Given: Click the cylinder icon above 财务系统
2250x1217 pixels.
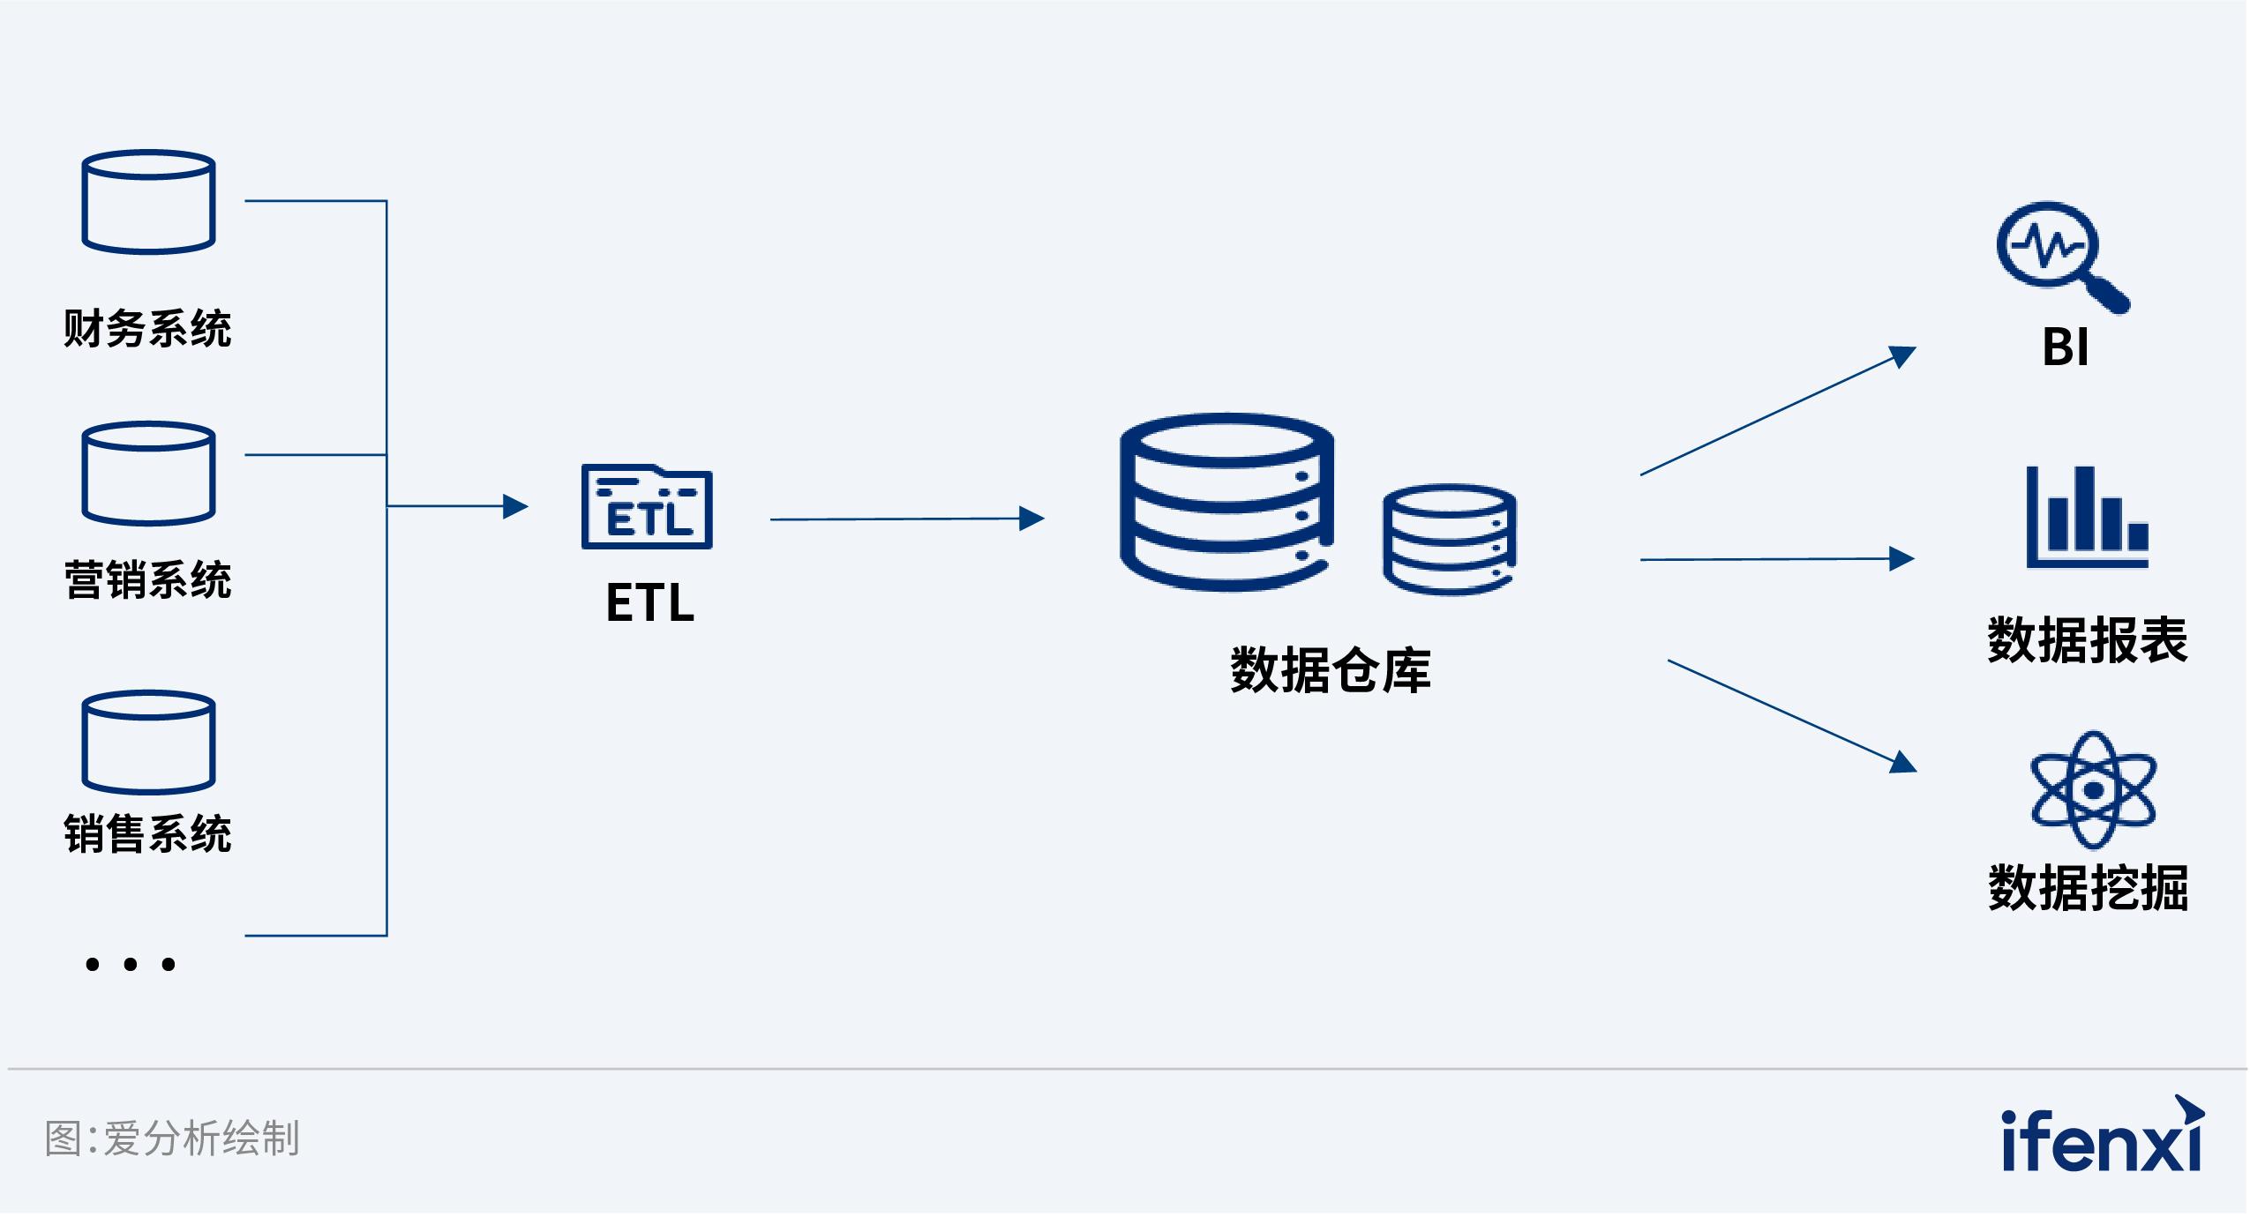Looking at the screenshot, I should tap(148, 202).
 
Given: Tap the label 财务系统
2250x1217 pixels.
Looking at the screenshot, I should tap(147, 329).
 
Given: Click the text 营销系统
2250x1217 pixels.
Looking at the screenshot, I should tap(147, 580).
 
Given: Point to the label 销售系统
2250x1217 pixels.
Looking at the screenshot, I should tap(147, 834).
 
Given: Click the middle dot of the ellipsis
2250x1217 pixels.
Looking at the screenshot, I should tap(131, 965).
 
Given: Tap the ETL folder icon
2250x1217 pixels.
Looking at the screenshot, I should tap(647, 507).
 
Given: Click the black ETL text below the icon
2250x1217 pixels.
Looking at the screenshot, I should tap(650, 603).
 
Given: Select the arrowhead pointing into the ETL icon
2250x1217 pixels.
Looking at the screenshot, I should tap(515, 506).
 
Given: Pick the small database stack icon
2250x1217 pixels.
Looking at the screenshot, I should tap(1449, 539).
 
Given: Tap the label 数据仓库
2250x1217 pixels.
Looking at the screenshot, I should tap(1330, 671).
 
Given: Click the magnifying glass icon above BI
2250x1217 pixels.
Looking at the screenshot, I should tap(2060, 255).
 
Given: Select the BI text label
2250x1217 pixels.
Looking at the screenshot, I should tap(2065, 347).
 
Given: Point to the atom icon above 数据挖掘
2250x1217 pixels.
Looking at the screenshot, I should tap(2093, 789).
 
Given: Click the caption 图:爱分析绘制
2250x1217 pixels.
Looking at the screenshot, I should tap(173, 1138).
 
